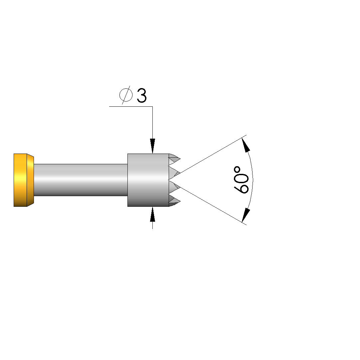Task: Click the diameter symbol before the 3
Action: coord(126,95)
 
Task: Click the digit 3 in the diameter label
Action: coord(141,95)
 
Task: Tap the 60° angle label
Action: coord(241,180)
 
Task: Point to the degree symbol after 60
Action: coord(237,170)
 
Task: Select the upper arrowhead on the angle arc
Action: coord(246,145)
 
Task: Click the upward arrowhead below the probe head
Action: coord(152,214)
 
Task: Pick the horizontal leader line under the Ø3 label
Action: coord(131,106)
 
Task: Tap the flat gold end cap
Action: coord(20,180)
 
